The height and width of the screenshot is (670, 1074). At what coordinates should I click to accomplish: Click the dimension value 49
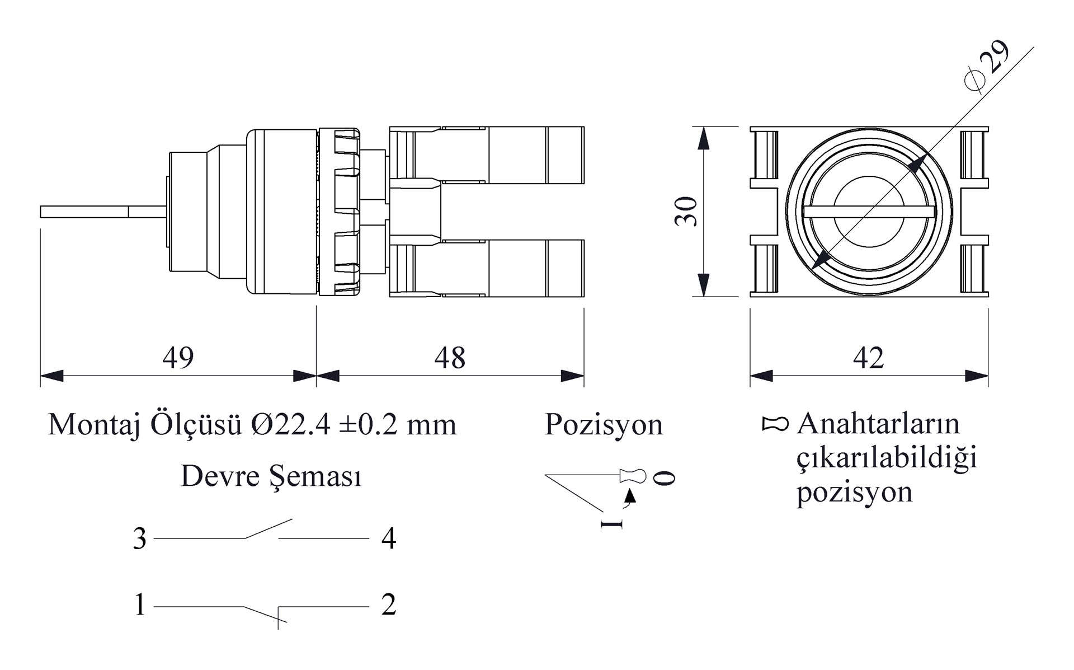coord(178,358)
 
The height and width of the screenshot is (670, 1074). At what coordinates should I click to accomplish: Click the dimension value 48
coord(450,358)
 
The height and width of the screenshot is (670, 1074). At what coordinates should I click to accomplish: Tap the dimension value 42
coord(868,358)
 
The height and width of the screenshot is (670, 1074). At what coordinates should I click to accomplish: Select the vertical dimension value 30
coord(686,212)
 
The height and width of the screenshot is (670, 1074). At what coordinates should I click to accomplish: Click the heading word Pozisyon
coord(604,424)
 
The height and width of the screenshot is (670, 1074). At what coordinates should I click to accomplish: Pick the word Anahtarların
coord(878,424)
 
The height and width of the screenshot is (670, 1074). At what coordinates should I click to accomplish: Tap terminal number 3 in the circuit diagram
coord(139,539)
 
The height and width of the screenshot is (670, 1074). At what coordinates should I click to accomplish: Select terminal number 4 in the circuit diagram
coord(389,539)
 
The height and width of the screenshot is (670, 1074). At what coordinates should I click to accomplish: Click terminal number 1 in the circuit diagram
coord(140,605)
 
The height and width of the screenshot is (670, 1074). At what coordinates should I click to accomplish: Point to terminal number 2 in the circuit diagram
coord(389,605)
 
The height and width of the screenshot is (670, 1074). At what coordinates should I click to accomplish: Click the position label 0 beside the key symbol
coord(665,478)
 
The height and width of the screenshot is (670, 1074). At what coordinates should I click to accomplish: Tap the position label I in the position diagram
coord(611,523)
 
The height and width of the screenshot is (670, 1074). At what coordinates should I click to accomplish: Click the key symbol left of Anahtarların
coord(775,424)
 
